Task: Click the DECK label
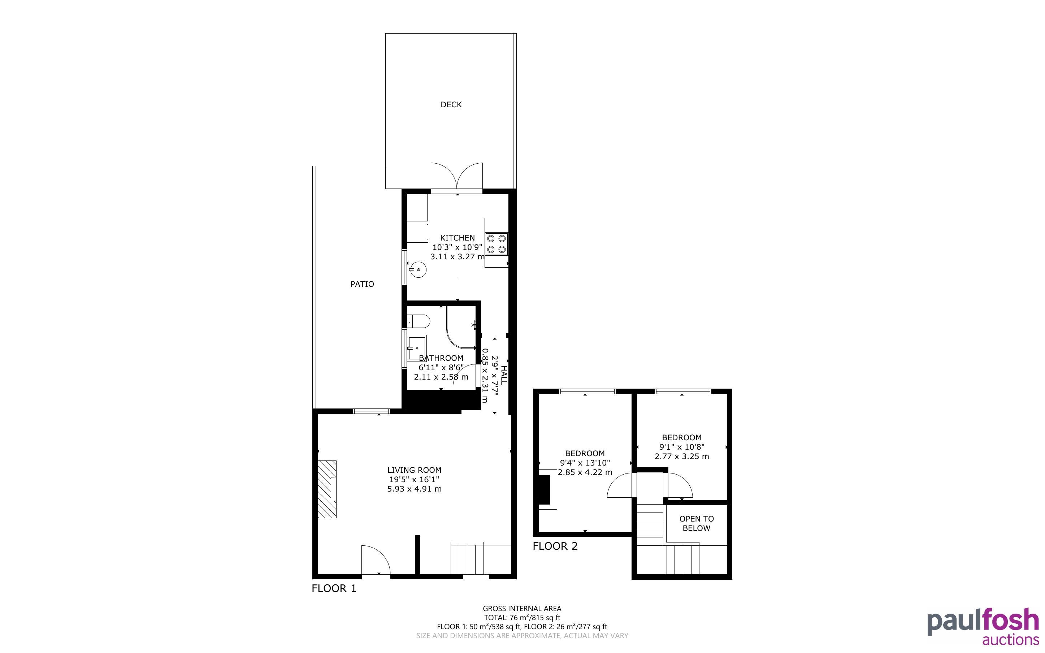[x=451, y=104]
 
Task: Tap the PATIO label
[x=362, y=284]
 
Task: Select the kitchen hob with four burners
[x=497, y=243]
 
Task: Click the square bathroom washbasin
[x=417, y=348]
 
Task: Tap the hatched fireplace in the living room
[x=327, y=489]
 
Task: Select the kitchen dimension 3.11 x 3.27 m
[x=458, y=257]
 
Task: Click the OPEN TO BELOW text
[x=697, y=523]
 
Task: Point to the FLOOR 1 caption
[x=334, y=589]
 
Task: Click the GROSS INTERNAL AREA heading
[x=522, y=609]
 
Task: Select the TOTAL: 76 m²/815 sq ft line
[x=522, y=618]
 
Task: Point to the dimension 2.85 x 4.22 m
[x=585, y=472]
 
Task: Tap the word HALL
[x=503, y=375]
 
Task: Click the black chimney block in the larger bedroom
[x=544, y=490]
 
